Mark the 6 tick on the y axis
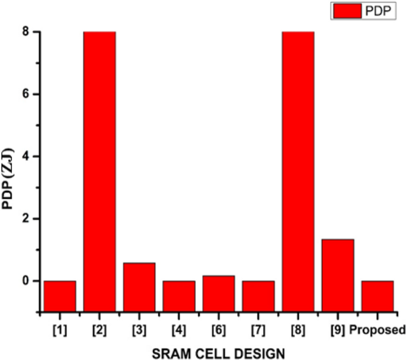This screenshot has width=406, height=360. click(27, 94)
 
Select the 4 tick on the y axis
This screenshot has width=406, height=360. click(27, 157)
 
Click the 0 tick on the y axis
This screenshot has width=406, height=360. click(27, 281)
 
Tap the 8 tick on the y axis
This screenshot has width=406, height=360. click(27, 32)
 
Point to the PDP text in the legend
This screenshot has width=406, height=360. click(382, 11)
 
